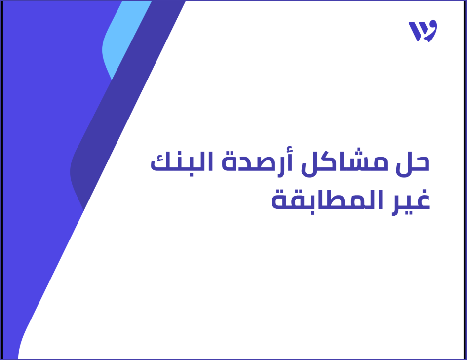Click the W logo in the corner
(x=423, y=31)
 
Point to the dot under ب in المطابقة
(x=308, y=217)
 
